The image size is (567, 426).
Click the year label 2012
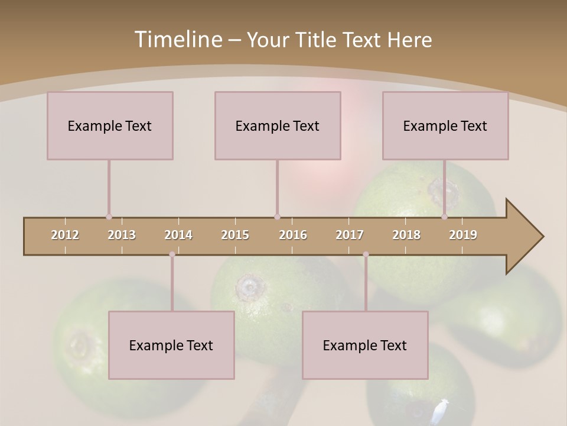coord(65,235)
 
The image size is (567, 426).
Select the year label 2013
coord(122,235)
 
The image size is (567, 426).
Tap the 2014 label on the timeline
coord(178,235)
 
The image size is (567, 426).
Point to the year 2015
coord(235,235)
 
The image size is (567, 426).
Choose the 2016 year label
coord(293,235)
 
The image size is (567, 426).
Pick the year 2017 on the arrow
coord(350,235)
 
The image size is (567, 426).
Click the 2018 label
coord(406,235)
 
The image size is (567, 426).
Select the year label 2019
coord(463,235)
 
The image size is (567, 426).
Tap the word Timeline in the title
coord(177,40)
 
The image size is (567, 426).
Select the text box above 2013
coord(110,125)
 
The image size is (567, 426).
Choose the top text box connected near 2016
coord(278,125)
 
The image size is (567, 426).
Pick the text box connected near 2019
coord(445,125)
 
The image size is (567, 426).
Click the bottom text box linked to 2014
coord(171,345)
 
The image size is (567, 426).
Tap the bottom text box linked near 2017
coord(365,345)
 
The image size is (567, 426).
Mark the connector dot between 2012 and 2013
coord(109,217)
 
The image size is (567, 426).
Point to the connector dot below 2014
coord(172,254)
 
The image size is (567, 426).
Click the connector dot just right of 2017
coord(366,254)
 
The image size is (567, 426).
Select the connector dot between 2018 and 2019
coord(444,217)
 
